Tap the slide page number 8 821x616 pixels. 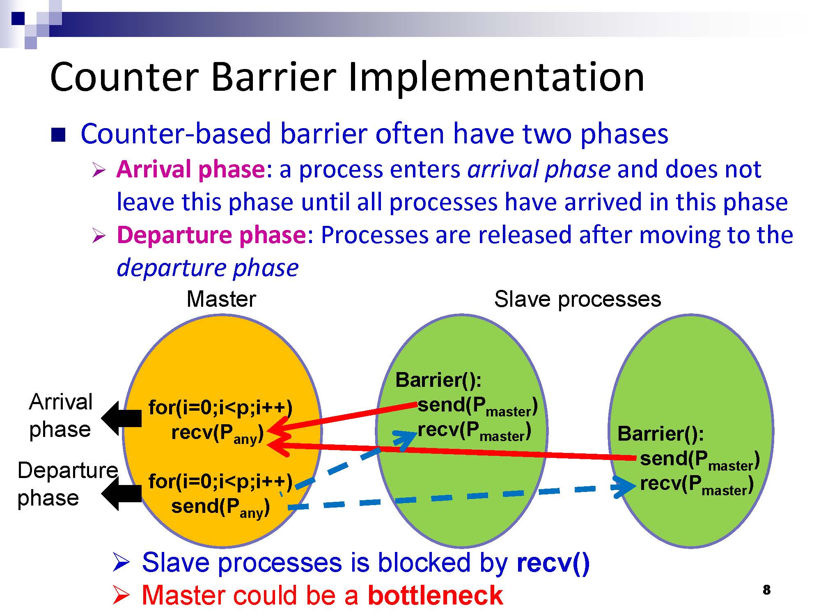point(766,590)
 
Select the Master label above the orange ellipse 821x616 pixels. point(221,299)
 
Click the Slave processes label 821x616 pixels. point(578,299)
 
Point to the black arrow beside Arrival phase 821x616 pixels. point(122,418)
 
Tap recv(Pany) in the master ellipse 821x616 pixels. point(217,433)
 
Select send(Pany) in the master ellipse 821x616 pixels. point(220,507)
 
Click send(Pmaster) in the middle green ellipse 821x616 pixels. point(477,406)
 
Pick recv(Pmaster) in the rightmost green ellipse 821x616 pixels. point(697,485)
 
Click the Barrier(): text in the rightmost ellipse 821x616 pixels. point(660,434)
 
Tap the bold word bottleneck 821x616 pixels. point(435,595)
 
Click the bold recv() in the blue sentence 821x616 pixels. point(553,562)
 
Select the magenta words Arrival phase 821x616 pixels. point(190,169)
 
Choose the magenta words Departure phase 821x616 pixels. point(211,235)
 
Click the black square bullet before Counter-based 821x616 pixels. point(58,135)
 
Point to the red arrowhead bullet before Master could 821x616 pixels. point(121,595)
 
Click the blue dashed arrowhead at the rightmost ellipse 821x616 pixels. point(625,487)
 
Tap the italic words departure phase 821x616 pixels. point(208,268)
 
